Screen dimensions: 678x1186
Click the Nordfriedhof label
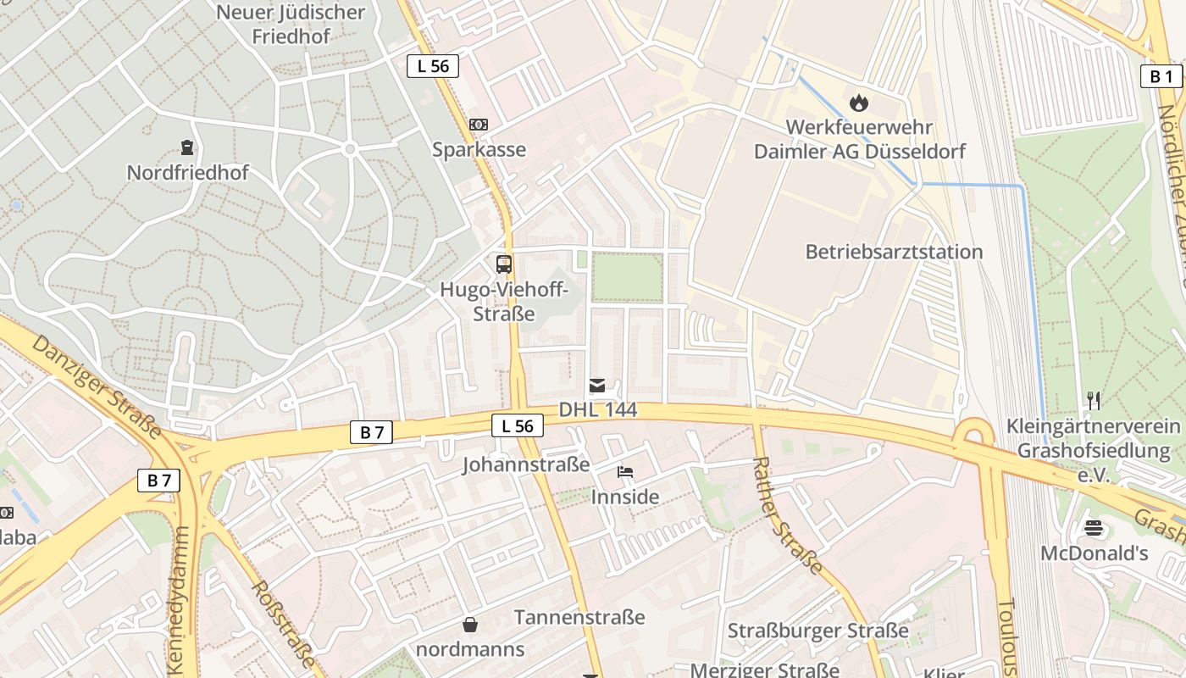pos(187,173)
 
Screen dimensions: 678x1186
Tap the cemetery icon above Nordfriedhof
pos(187,147)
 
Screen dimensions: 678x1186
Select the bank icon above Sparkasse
pos(479,125)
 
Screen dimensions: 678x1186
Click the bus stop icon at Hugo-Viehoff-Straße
pos(504,264)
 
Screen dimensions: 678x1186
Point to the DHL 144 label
pos(597,410)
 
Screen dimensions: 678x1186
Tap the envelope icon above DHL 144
pos(597,386)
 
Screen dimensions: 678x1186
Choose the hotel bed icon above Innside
pos(625,471)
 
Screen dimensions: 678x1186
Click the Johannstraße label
pos(526,464)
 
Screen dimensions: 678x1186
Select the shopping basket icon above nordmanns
pos(470,625)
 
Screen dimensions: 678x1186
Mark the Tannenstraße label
pos(579,617)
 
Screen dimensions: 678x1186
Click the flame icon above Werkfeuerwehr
pos(859,103)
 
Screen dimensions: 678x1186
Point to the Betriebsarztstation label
pos(894,252)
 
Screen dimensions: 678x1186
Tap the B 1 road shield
pos(1161,76)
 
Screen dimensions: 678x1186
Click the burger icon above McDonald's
pos(1094,529)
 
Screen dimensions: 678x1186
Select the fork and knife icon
pos(1094,399)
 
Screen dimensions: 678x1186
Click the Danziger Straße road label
pos(97,386)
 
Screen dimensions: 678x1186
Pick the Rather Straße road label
pos(787,515)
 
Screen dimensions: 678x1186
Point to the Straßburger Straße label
pos(818,631)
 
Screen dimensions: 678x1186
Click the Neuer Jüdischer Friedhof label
pos(291,25)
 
